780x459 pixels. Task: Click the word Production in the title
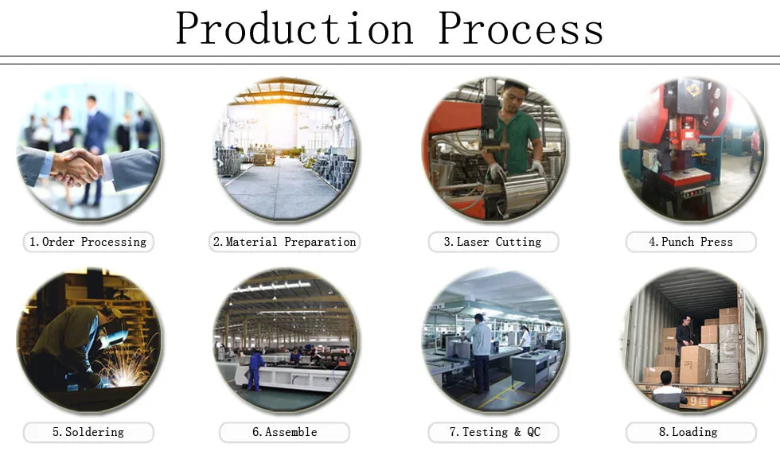pos(294,29)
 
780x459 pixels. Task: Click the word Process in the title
pos(521,29)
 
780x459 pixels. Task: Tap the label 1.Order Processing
pos(88,242)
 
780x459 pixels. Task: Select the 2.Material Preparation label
pos(285,242)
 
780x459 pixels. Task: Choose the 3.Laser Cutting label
pos(493,242)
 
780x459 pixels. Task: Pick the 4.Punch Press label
pos(690,242)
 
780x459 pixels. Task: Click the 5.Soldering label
pos(88,432)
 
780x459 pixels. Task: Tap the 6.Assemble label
pos(285,432)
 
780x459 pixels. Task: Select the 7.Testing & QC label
pos(493,432)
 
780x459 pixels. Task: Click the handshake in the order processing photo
pos(80,165)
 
